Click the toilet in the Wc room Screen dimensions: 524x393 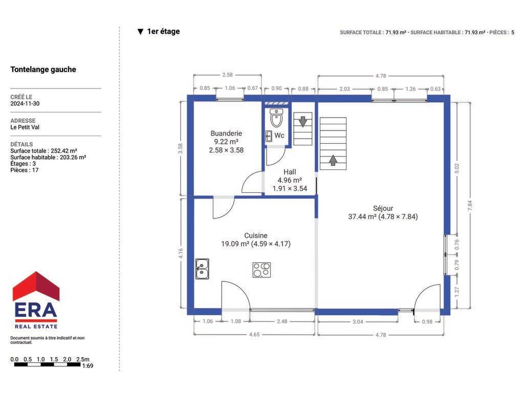[276, 118]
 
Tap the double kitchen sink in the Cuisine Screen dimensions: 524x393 [202, 269]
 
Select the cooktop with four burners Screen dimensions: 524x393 [261, 270]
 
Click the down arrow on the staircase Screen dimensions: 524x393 [303, 121]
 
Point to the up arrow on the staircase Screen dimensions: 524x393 [333, 160]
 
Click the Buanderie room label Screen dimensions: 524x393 [226, 134]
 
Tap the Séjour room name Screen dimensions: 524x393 [383, 209]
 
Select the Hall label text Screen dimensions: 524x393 [290, 172]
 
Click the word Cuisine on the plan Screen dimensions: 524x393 [256, 235]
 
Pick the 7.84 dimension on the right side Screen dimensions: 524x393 [470, 206]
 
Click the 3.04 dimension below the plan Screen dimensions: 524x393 [358, 322]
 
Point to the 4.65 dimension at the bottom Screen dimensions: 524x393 [254, 335]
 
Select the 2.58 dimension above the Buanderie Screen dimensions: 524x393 [227, 75]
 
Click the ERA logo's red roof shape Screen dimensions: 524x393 [36, 286]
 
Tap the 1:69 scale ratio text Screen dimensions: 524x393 [88, 366]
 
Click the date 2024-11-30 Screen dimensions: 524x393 [25, 103]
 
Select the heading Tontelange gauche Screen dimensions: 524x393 [43, 70]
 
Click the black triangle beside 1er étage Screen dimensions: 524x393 [140, 32]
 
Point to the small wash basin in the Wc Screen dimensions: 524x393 [269, 136]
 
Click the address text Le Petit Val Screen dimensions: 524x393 [25, 127]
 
